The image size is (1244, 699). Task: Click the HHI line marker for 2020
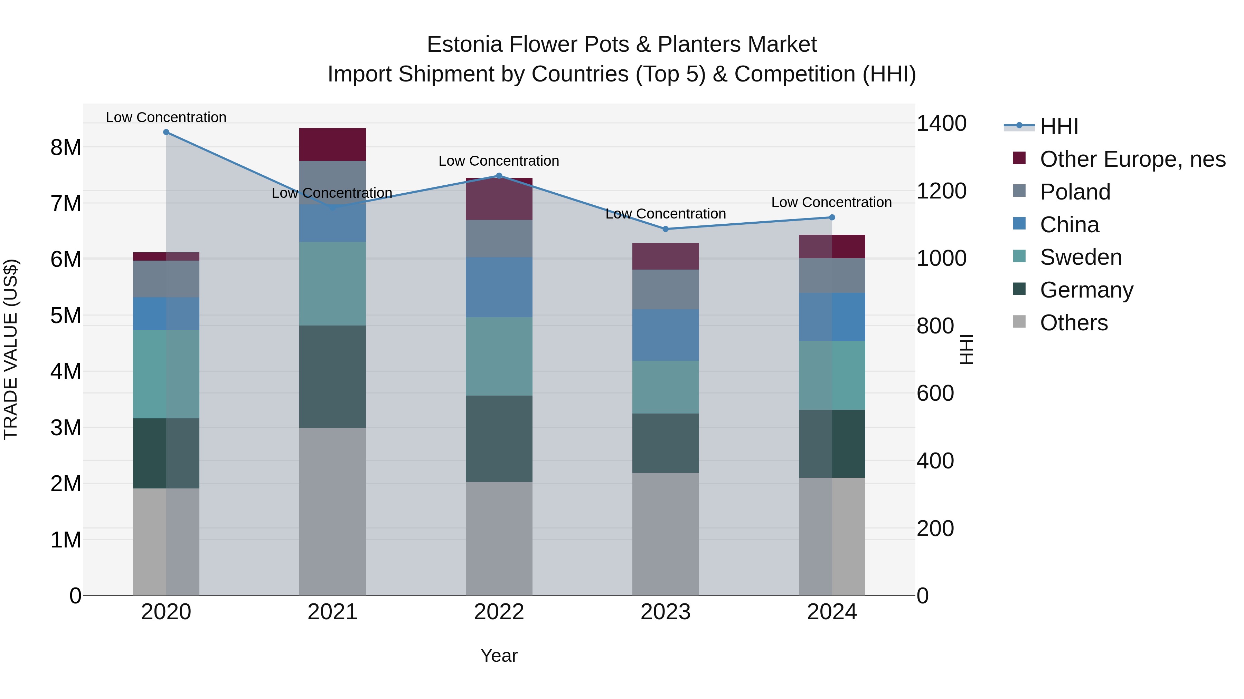[166, 132]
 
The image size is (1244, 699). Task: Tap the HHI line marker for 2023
[666, 229]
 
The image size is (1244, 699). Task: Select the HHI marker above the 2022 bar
[499, 176]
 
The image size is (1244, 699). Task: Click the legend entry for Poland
[1075, 192]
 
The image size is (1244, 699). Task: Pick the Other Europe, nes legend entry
[1132, 159]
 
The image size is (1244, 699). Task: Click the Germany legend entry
[1086, 290]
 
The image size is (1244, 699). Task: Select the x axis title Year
[499, 656]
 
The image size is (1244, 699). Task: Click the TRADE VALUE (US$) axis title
[11, 349]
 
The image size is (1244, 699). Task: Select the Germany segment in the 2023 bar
[666, 443]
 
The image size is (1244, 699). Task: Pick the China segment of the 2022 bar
[499, 287]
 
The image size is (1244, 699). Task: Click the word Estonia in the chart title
[464, 45]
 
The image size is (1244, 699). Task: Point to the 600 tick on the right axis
[935, 394]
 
